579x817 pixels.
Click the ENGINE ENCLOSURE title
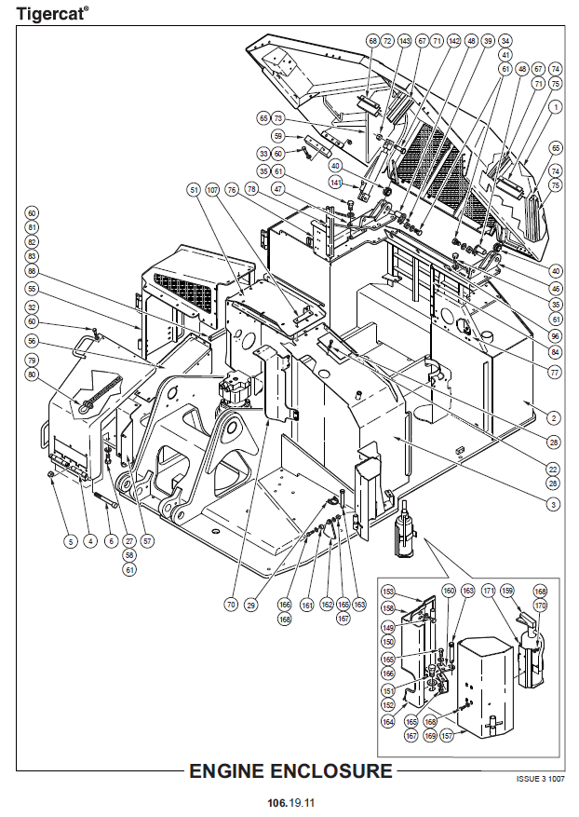click(x=290, y=771)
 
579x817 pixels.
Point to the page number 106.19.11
click(x=290, y=801)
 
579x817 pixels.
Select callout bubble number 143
click(x=404, y=41)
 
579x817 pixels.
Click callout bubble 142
click(x=453, y=41)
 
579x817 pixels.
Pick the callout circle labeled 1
click(x=556, y=108)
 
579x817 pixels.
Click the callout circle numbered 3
click(x=553, y=504)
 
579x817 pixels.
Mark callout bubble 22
click(x=553, y=470)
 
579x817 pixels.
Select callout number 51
click(x=194, y=190)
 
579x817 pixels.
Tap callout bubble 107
click(x=212, y=190)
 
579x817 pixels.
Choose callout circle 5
click(x=68, y=539)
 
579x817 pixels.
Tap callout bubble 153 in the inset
click(x=388, y=592)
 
